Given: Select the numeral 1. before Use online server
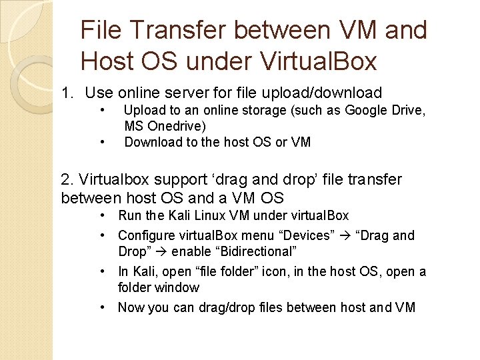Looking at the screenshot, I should (68, 93).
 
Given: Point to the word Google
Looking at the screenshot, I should (369, 110).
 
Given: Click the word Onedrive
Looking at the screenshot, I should (178, 126).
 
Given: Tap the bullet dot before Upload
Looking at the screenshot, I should (103, 110).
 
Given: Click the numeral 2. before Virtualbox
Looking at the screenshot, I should (67, 180).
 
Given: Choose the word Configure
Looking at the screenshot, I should (148, 235).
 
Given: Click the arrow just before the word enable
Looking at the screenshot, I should (162, 251).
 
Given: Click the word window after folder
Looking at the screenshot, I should (177, 287).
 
